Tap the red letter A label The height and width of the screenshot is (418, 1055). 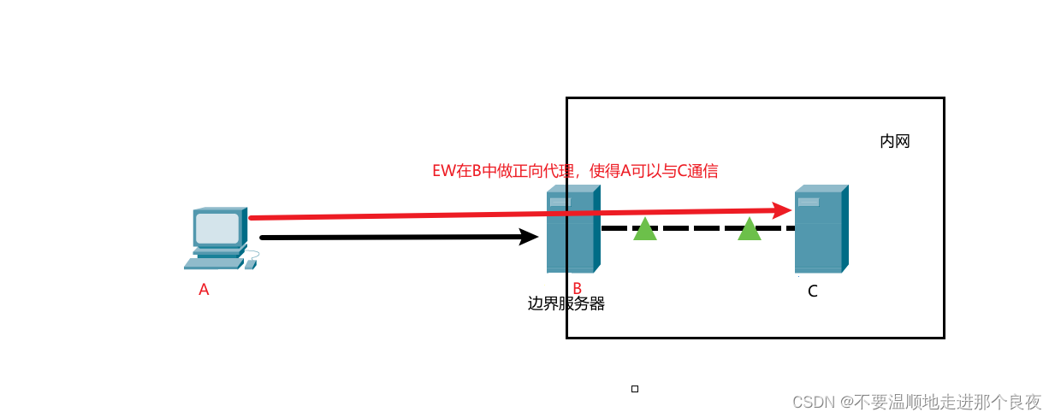[x=204, y=290]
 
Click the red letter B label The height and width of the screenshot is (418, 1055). [x=577, y=289]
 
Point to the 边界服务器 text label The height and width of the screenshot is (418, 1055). [x=566, y=303]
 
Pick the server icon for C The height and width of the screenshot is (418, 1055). [x=821, y=229]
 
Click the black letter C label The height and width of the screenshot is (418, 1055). [x=812, y=291]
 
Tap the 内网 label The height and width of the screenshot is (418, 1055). [x=894, y=141]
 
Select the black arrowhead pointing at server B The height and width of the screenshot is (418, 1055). [x=529, y=237]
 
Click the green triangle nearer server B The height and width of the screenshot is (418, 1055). [x=645, y=229]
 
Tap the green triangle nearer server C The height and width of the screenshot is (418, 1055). [x=750, y=229]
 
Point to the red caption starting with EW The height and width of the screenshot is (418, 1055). [x=575, y=171]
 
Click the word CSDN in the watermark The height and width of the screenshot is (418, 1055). [x=813, y=402]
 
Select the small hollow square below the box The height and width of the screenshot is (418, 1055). [x=635, y=389]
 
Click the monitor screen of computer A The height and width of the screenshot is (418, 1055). [x=216, y=228]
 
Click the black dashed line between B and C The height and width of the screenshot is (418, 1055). [x=697, y=228]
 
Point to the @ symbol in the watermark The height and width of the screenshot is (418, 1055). [x=845, y=402]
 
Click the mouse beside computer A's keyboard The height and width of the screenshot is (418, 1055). [x=250, y=264]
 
